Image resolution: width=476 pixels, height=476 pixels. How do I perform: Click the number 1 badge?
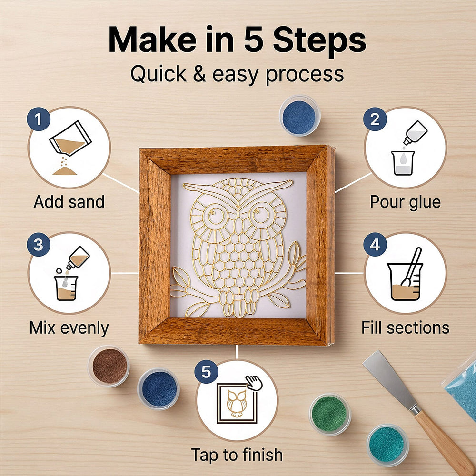pos(39,119)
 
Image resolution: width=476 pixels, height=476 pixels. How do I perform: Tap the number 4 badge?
pos(375,244)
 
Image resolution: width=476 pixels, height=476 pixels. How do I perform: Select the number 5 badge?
pos(206,372)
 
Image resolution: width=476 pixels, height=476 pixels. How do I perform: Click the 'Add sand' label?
pos(69,202)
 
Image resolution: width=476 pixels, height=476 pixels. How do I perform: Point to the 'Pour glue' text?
pos(405,202)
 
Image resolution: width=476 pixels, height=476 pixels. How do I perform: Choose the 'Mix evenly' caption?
pos(69,328)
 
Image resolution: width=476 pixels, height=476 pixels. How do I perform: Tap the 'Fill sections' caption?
pos(405,328)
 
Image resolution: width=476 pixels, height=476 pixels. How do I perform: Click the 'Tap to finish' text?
pos(237,455)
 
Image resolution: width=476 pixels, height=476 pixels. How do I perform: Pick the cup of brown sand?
pos(109,366)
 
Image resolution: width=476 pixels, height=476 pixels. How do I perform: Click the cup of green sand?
pos(330,414)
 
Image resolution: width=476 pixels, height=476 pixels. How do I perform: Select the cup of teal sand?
pos(387,445)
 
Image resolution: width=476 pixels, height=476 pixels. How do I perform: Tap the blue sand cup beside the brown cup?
pos(159,389)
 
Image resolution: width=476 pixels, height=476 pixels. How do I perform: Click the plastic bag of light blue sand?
pos(461,388)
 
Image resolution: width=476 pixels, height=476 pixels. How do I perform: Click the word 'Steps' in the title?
pos(319,40)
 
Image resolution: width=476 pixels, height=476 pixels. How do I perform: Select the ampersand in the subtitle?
pos(199,74)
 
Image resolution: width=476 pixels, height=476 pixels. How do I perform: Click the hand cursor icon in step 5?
pos(254,383)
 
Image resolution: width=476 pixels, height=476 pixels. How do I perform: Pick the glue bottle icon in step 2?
pos(415,133)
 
